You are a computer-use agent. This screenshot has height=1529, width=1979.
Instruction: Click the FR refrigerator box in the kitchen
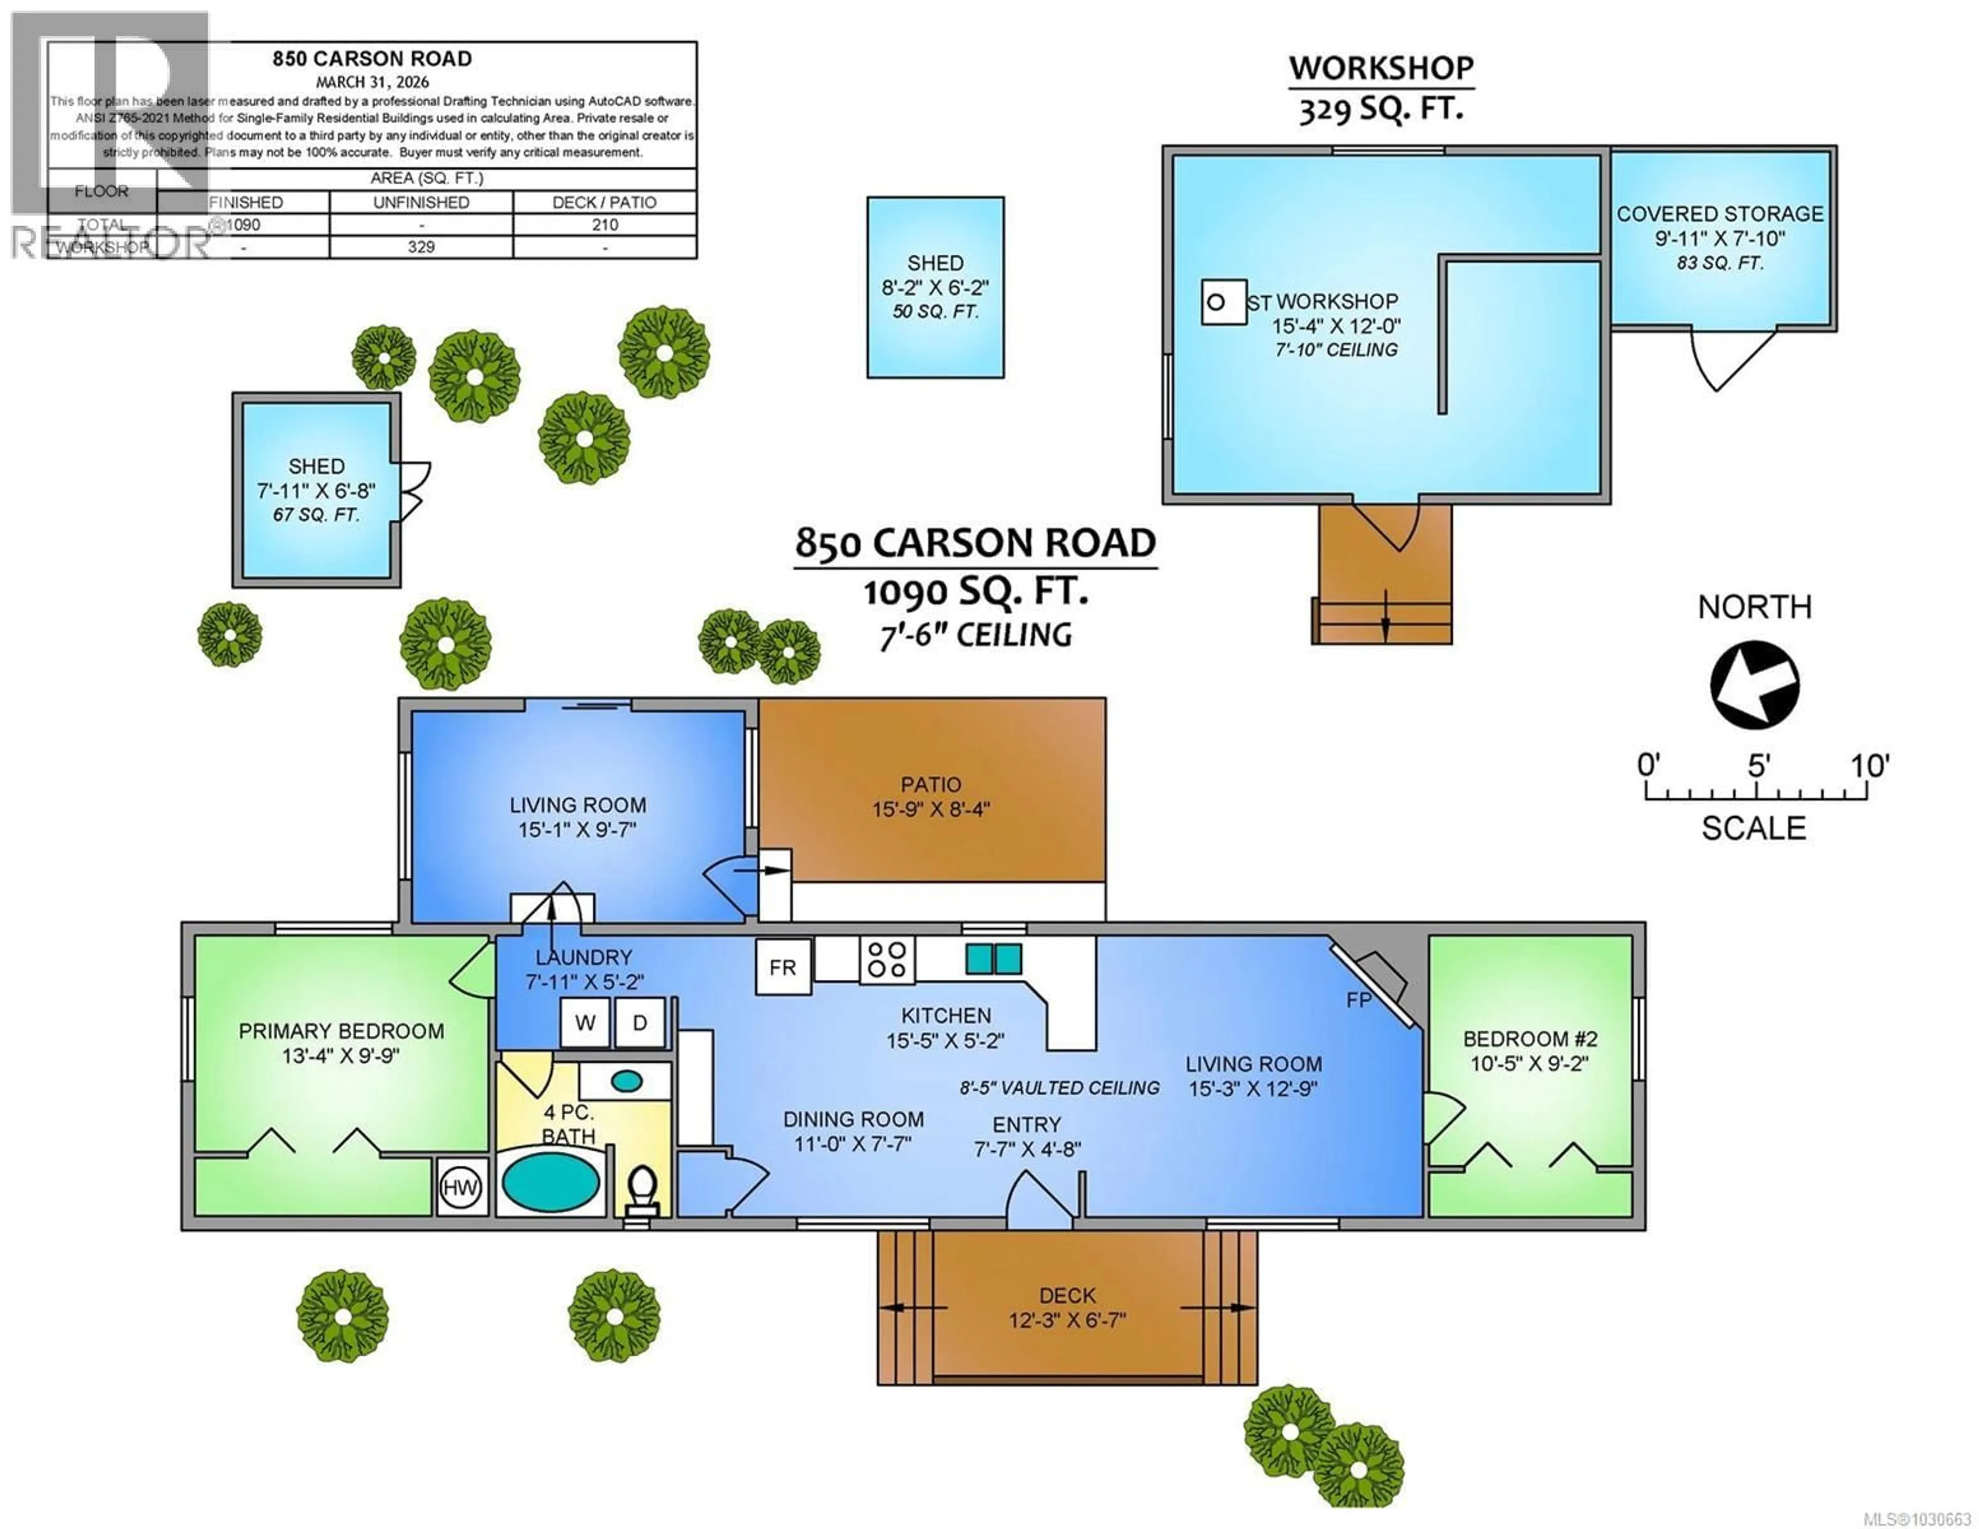(x=783, y=967)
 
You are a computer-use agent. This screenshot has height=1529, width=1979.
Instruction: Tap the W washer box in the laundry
(x=584, y=1022)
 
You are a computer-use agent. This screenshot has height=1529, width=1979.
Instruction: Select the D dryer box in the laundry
(x=640, y=1022)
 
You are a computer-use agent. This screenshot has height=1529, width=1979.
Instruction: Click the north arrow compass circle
(x=1754, y=684)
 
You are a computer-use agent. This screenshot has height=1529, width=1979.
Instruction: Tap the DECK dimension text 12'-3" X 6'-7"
(x=1067, y=1320)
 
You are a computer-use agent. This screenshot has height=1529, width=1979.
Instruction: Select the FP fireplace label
(x=1359, y=1000)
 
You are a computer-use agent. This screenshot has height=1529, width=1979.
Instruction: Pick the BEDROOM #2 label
(x=1530, y=1039)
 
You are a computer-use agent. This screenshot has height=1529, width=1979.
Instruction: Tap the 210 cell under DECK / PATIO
(x=605, y=225)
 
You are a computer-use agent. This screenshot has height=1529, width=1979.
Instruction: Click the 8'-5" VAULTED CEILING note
(x=1059, y=1087)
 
